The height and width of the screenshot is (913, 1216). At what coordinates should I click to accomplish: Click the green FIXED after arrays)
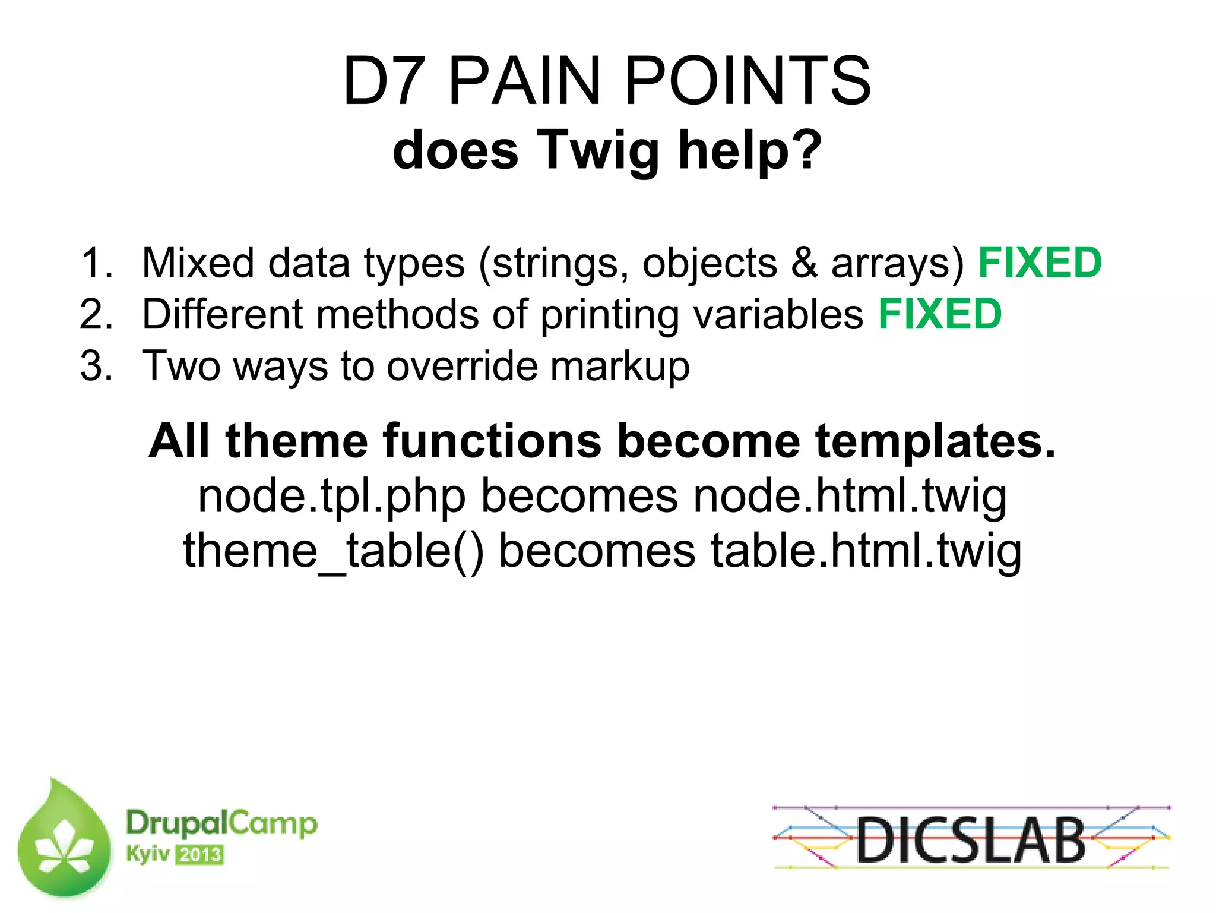[x=1040, y=263]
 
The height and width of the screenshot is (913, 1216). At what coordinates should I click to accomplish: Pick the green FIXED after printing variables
[x=940, y=314]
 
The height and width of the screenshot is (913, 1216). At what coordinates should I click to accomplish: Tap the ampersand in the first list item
[x=804, y=263]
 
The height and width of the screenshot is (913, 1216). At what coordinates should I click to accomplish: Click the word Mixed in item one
[x=197, y=263]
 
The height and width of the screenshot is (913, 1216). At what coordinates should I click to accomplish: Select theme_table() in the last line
[x=332, y=551]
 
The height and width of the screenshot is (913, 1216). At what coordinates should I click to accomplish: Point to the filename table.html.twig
[x=866, y=551]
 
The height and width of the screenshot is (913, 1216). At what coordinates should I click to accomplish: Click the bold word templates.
[x=936, y=441]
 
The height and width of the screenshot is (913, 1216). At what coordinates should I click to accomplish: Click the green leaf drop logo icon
[x=64, y=841]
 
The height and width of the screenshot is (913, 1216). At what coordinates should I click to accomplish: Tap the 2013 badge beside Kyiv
[x=200, y=855]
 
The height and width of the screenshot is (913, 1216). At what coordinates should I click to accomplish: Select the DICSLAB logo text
[x=971, y=840]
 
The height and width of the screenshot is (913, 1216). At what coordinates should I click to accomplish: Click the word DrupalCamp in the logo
[x=221, y=824]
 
